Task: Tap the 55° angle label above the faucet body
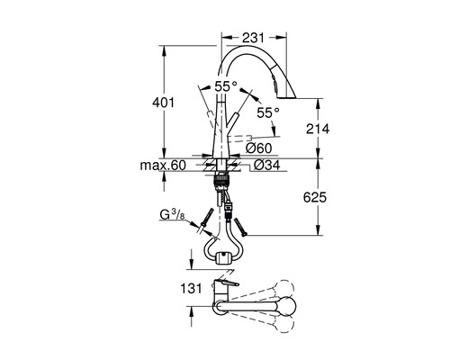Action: (228, 85)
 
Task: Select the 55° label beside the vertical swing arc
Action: (266, 112)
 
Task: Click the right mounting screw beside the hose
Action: (238, 216)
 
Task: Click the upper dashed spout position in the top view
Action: (270, 292)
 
